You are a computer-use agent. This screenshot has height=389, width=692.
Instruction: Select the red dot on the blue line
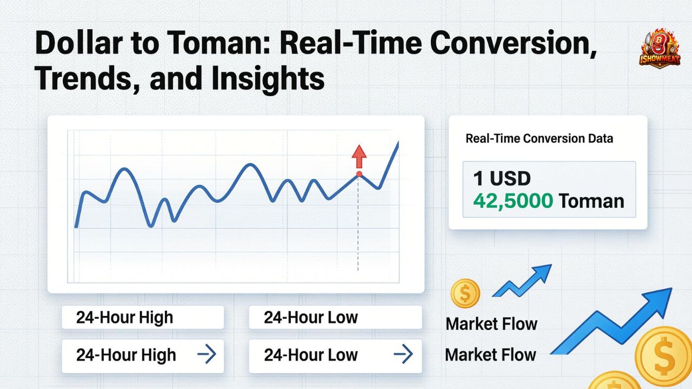[x=358, y=174]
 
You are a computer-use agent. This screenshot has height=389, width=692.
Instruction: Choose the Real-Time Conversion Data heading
[x=539, y=139]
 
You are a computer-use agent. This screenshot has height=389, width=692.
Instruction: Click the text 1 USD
[x=502, y=178]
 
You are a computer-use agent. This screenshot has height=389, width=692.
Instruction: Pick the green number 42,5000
[x=513, y=202]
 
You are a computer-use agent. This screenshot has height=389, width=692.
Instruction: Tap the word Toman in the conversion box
[x=591, y=202]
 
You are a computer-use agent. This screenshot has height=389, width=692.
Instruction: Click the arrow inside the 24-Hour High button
[x=207, y=355]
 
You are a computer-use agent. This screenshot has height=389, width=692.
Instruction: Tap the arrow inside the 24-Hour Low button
[x=403, y=355]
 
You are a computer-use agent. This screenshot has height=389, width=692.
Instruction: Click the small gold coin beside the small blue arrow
[x=465, y=293]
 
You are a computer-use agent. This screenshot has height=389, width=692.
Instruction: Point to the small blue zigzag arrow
[x=522, y=281]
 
